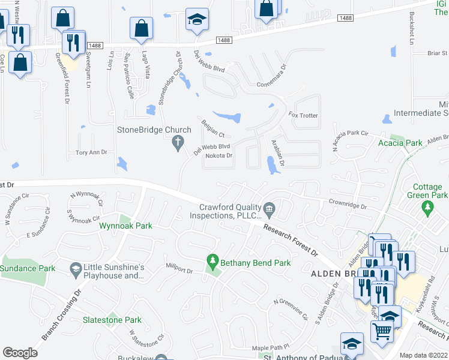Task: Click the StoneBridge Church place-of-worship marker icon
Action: click(177, 143)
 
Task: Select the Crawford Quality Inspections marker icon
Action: click(269, 209)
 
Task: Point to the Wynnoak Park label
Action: click(125, 226)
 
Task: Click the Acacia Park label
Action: click(400, 143)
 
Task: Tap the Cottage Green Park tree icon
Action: click(428, 208)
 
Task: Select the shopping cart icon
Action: click(382, 331)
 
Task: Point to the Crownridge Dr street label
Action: click(347, 205)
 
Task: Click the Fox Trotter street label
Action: click(303, 115)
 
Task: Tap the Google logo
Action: click(20, 353)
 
